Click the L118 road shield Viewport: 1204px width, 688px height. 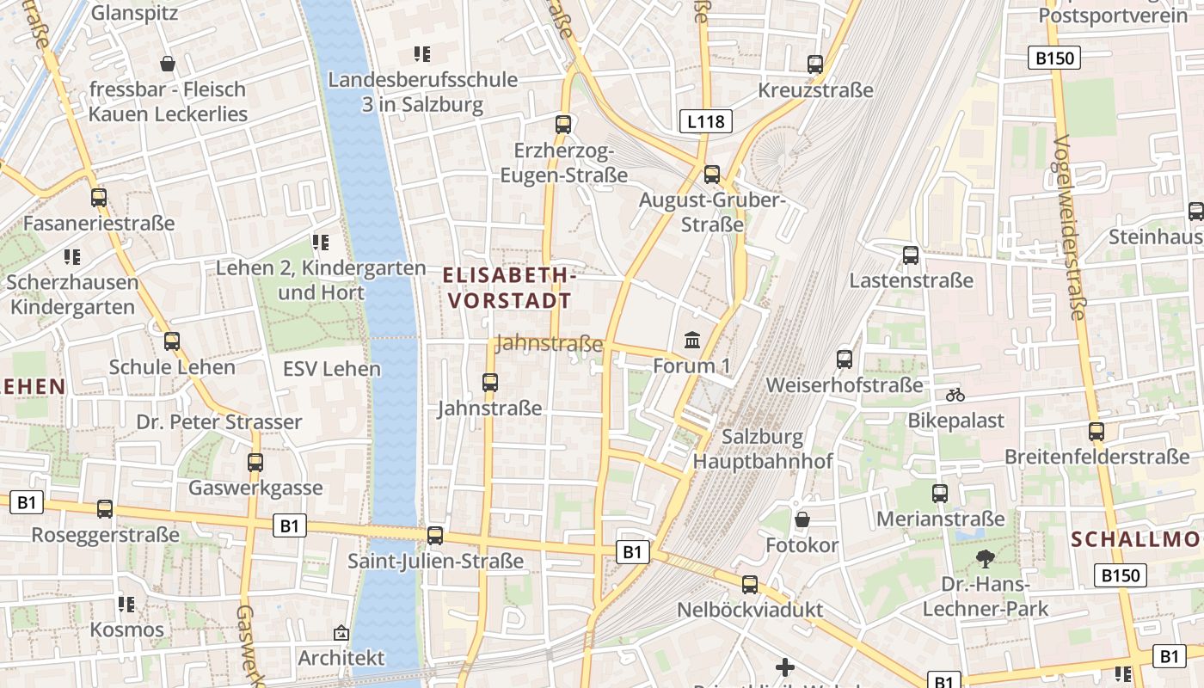(705, 121)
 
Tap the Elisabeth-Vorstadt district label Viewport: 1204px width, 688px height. (508, 288)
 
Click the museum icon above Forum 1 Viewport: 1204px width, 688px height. (692, 341)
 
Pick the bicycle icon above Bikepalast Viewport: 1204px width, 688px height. (955, 395)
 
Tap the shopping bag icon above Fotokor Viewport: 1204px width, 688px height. (802, 519)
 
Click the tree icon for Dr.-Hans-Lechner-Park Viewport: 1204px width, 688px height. (985, 559)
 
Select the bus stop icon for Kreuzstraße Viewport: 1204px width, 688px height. (814, 64)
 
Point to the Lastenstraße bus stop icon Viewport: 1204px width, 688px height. (911, 255)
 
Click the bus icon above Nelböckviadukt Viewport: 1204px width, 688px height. (750, 585)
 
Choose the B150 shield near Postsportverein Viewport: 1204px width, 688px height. (1053, 58)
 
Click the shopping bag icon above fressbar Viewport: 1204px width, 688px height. (168, 64)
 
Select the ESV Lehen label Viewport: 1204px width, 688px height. (331, 369)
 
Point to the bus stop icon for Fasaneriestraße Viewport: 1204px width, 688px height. (99, 198)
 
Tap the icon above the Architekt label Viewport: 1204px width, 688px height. (341, 633)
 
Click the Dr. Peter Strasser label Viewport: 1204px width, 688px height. (219, 422)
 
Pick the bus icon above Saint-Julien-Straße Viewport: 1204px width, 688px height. (435, 536)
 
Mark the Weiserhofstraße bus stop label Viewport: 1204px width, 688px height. (844, 384)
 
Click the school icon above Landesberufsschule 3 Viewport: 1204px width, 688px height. (421, 54)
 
